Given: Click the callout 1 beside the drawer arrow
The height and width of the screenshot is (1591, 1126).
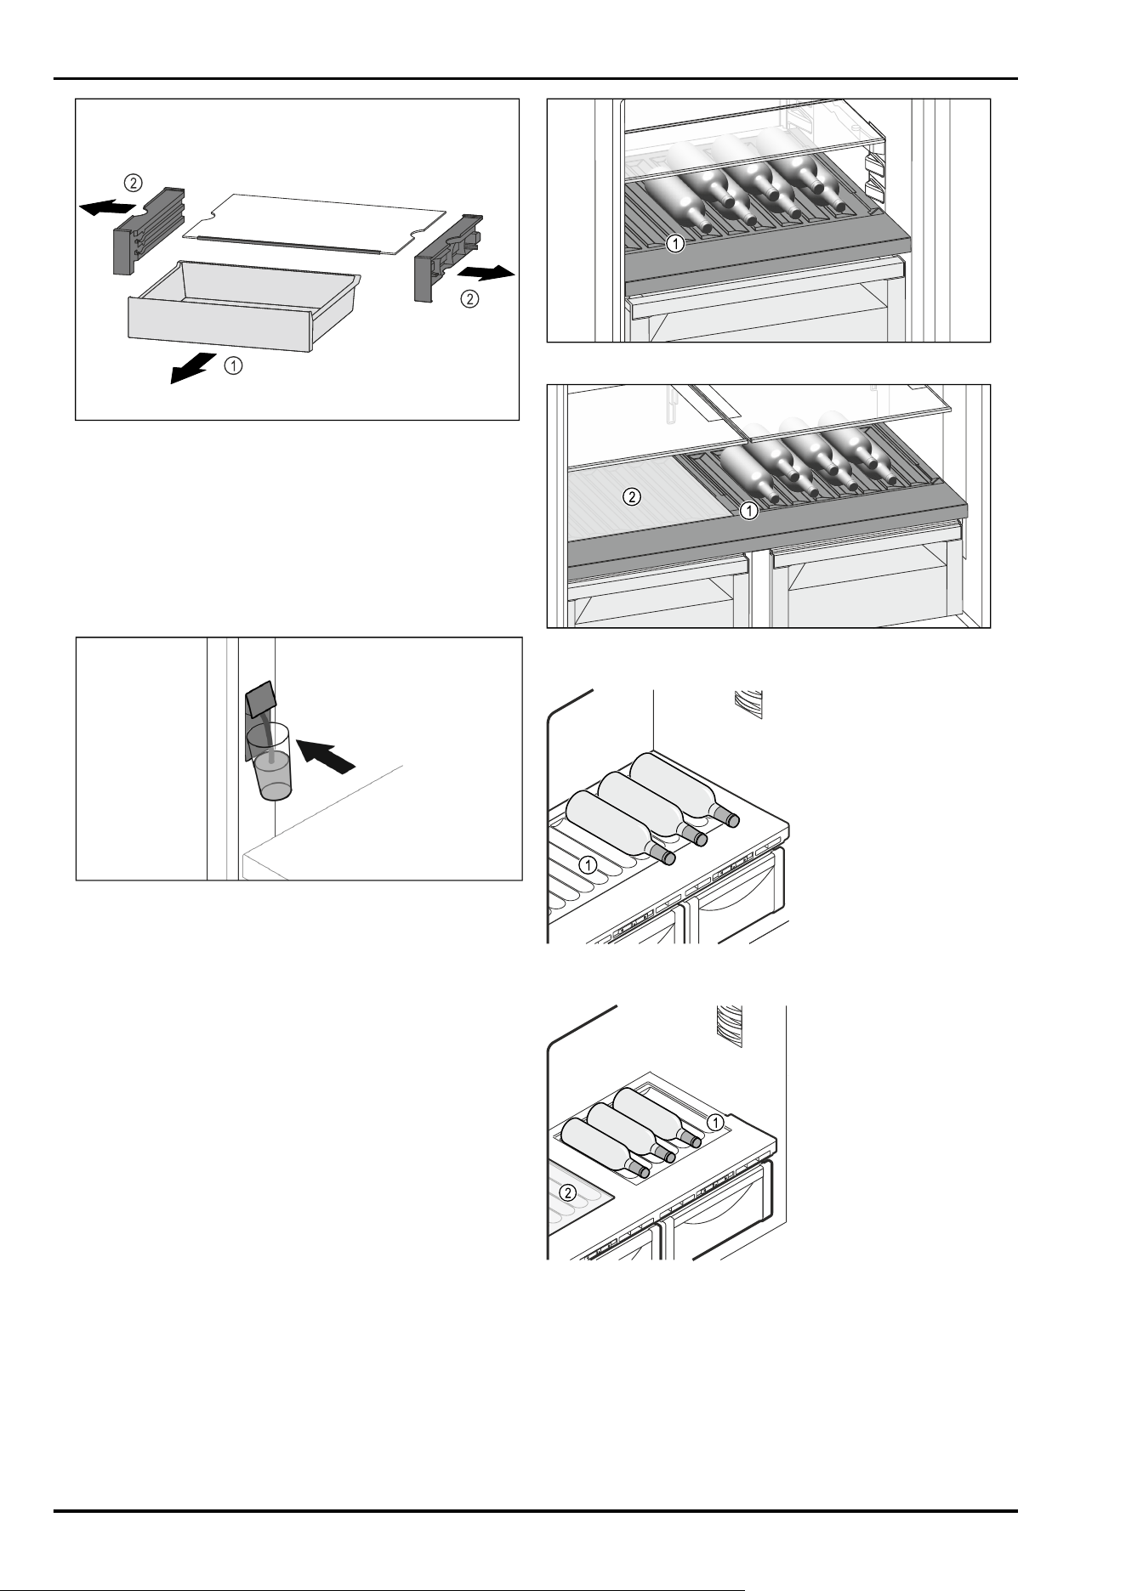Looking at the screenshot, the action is coord(233,366).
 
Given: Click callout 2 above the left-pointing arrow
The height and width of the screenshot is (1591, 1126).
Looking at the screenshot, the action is coord(134,182).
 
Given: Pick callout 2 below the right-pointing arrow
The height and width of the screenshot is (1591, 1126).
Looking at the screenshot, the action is coord(469,299).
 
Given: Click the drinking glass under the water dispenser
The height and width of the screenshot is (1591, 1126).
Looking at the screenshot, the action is coord(272,762).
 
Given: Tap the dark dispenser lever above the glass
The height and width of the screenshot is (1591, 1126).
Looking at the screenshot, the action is coord(260,700).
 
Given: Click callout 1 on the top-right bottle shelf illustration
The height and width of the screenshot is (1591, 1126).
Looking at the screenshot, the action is coord(674,244).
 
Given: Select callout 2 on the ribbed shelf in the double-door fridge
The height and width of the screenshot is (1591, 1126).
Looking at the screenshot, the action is coord(632,497).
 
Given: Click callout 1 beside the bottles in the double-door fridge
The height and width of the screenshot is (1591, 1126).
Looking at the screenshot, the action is coord(748,511).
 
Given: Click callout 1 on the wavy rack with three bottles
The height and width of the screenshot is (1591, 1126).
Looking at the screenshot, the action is coord(587,864).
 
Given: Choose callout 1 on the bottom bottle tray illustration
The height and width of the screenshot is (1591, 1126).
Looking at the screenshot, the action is coord(716,1122).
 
